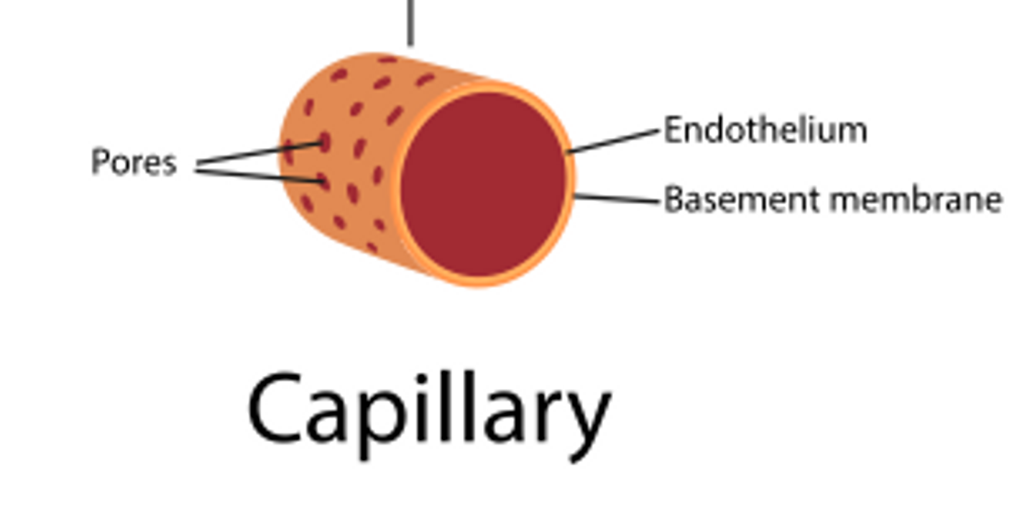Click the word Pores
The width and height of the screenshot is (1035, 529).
134,162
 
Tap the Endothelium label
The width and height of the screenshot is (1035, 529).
765,131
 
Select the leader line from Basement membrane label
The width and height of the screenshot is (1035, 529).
617,199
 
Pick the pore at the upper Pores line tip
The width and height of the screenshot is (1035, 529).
325,142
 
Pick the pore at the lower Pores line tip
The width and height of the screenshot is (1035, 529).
324,183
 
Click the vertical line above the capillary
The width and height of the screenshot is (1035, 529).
410,22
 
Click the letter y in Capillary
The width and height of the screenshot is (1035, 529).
586,420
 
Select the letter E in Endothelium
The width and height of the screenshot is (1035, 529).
672,131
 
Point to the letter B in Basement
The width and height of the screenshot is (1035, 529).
672,199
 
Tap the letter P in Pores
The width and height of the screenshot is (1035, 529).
99,162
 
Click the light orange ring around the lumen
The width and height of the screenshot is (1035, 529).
571,180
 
